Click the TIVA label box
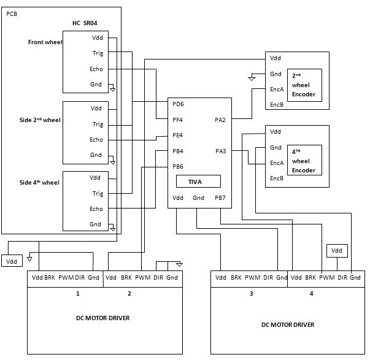pyautogui.click(x=198, y=182)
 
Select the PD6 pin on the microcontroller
pyautogui.click(x=178, y=104)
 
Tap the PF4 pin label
pyautogui.click(x=178, y=119)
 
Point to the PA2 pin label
pyautogui.click(x=220, y=119)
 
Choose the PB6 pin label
pyautogui.click(x=178, y=166)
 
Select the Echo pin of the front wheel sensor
pyautogui.click(x=96, y=69)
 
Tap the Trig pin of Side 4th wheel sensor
pyautogui.click(x=96, y=193)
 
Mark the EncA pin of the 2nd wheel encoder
pyautogui.click(x=277, y=89)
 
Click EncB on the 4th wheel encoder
pyautogui.click(x=277, y=178)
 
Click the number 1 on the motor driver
pyautogui.click(x=78, y=294)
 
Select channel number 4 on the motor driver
pyautogui.click(x=311, y=294)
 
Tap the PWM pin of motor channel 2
pyautogui.click(x=143, y=278)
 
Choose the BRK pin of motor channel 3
pyautogui.click(x=236, y=278)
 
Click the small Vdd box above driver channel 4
pyautogui.click(x=337, y=250)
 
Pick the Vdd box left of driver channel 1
pyautogui.click(x=12, y=262)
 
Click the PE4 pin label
pyautogui.click(x=178, y=135)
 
